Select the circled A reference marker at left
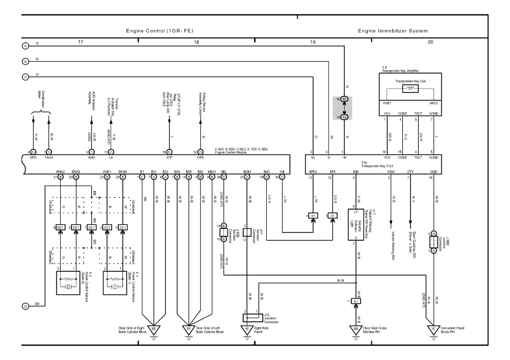click(25, 46)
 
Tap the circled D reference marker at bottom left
click(25, 306)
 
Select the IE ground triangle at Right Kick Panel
click(247, 329)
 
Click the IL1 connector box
click(356, 301)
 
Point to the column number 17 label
click(80, 42)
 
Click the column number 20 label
click(430, 42)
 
